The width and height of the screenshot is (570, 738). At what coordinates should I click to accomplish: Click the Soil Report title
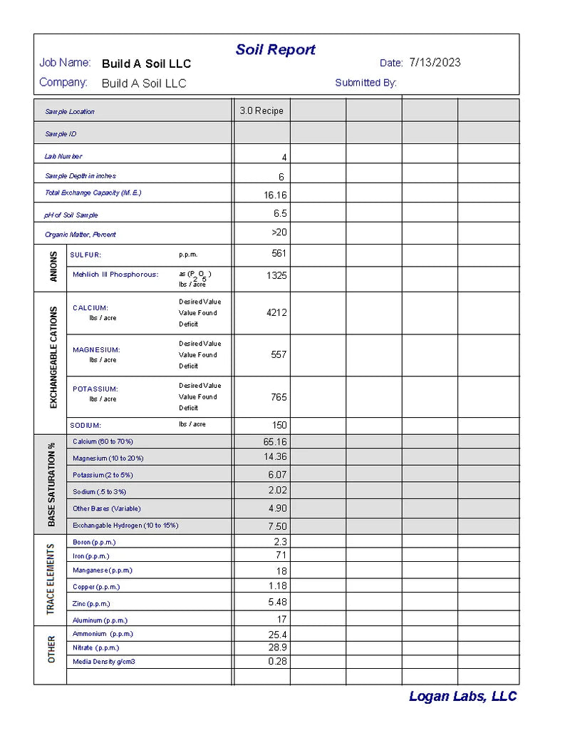(275, 50)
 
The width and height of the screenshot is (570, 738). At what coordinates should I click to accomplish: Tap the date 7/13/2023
(435, 63)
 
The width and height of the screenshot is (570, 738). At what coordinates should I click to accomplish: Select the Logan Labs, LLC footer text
(462, 697)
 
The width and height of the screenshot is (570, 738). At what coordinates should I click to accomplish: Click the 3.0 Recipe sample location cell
(261, 111)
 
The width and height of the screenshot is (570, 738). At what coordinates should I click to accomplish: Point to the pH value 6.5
(280, 214)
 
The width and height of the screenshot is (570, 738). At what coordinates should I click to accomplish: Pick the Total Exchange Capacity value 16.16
(276, 195)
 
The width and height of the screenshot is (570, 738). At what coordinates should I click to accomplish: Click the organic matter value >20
(279, 232)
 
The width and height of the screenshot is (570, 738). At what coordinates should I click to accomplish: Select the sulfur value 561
(279, 254)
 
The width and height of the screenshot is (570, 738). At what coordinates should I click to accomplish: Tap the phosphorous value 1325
(276, 275)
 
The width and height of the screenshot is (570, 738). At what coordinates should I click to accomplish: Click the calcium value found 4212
(276, 312)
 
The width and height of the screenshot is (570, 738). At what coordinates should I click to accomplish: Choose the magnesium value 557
(279, 354)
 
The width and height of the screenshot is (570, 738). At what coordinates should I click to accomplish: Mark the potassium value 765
(279, 397)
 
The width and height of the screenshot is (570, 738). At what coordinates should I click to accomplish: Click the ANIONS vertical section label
(53, 267)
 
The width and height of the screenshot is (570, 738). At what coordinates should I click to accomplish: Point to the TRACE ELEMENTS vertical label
(51, 579)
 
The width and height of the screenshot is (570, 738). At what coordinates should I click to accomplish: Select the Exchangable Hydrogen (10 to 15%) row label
(125, 526)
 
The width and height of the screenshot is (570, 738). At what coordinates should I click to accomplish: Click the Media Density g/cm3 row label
(104, 662)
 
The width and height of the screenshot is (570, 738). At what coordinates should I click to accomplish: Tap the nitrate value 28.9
(277, 648)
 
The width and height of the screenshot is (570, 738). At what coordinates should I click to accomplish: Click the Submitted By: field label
(366, 83)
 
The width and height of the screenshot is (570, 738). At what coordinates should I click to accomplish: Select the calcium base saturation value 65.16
(276, 442)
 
